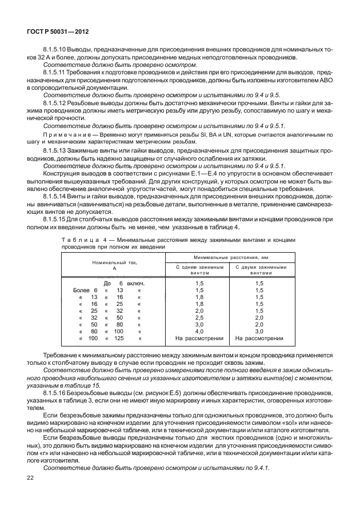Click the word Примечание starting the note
click(66, 133)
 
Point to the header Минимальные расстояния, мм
click(231, 259)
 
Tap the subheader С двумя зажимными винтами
click(259, 270)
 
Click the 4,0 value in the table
click(199, 331)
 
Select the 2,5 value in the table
click(199, 317)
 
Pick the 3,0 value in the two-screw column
click(259, 331)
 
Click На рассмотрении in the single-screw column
click(199, 338)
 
